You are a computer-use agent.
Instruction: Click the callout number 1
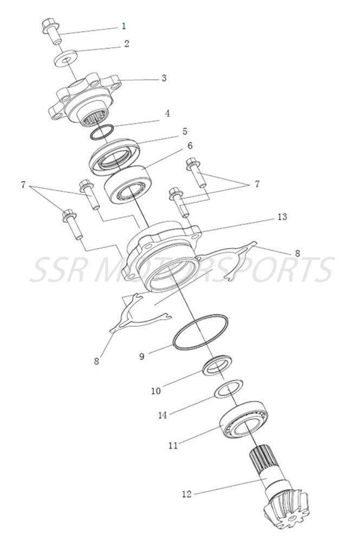tap(124, 25)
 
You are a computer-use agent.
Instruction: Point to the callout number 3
tap(164, 78)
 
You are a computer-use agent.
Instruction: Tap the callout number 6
tap(190, 146)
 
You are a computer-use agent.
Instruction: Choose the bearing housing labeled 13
tap(163, 255)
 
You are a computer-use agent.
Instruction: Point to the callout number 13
tap(281, 217)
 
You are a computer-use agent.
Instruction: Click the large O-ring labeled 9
tap(200, 332)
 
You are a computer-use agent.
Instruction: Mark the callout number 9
tap(142, 357)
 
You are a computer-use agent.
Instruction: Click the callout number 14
tap(163, 415)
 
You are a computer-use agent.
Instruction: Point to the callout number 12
tap(187, 494)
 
